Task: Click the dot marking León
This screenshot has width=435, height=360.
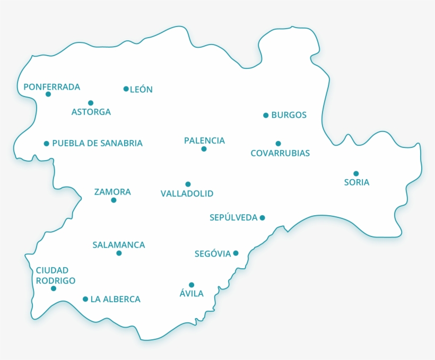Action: pyautogui.click(x=126, y=89)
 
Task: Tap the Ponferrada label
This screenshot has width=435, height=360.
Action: pyautogui.click(x=52, y=86)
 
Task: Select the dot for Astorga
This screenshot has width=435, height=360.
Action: pyautogui.click(x=91, y=103)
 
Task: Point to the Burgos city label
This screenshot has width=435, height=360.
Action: pyautogui.click(x=289, y=115)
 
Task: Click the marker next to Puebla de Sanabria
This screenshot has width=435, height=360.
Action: pyautogui.click(x=47, y=143)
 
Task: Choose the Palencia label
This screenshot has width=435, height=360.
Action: pyautogui.click(x=204, y=141)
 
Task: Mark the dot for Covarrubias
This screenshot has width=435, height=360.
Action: pyautogui.click(x=278, y=144)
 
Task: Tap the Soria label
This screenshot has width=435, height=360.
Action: pyautogui.click(x=356, y=182)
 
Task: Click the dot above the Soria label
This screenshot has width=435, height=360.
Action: pyautogui.click(x=356, y=173)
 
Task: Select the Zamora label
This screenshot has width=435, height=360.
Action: pyautogui.click(x=112, y=192)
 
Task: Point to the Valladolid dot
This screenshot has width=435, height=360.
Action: pyautogui.click(x=188, y=185)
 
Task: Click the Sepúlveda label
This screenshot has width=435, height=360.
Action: pyautogui.click(x=233, y=217)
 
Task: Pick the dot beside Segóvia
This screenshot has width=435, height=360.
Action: pyautogui.click(x=236, y=253)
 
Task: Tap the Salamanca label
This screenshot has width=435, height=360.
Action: pyautogui.click(x=119, y=245)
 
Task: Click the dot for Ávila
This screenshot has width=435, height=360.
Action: pyautogui.click(x=192, y=285)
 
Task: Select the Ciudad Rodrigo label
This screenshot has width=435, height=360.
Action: pyautogui.click(x=56, y=276)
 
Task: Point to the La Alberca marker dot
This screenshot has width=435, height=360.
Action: pyautogui.click(x=85, y=299)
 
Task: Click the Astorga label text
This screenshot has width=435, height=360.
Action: pyautogui.click(x=91, y=112)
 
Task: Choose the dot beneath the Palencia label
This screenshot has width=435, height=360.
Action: pyautogui.click(x=204, y=149)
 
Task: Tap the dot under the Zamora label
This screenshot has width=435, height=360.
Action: pyautogui.click(x=114, y=200)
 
